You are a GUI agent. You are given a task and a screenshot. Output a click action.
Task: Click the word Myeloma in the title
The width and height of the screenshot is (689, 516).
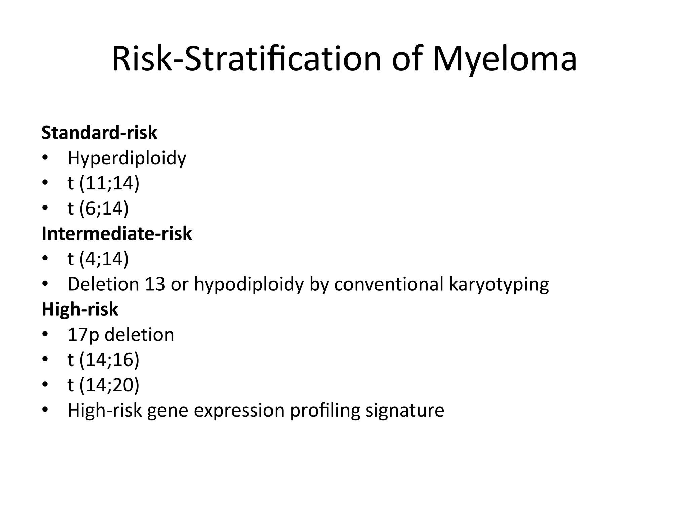tap(505, 60)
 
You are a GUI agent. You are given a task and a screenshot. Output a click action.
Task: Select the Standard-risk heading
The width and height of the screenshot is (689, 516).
tap(99, 133)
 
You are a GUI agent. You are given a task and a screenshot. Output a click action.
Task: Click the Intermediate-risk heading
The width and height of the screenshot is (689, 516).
tap(117, 233)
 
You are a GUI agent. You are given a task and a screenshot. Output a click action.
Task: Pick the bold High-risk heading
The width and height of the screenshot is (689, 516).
tap(80, 309)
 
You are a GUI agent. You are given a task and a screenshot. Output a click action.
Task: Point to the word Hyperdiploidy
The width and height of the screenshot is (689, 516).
tap(127, 158)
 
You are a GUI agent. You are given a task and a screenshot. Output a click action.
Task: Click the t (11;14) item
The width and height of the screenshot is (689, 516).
tap(103, 183)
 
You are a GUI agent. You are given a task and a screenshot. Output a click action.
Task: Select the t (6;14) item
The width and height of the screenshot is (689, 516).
tap(98, 209)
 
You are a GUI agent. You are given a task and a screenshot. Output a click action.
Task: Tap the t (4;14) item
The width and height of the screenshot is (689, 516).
tap(98, 259)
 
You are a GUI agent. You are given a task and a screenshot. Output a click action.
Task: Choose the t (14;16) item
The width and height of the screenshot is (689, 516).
tap(103, 360)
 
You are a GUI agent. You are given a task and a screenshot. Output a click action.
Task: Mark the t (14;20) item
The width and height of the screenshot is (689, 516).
tap(103, 385)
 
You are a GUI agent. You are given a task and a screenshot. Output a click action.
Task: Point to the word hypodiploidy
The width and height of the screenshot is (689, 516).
tap(249, 285)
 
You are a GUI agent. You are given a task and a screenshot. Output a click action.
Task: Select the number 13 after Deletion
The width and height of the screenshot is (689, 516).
tap(155, 284)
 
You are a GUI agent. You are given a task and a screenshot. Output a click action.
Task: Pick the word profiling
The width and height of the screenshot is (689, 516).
tap(325, 411)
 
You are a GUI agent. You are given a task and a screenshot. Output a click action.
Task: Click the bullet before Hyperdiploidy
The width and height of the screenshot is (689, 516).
tap(45, 158)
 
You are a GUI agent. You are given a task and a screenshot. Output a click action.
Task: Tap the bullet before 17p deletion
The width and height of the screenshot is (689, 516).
tap(45, 335)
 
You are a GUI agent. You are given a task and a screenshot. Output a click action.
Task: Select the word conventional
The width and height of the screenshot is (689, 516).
tap(389, 284)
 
